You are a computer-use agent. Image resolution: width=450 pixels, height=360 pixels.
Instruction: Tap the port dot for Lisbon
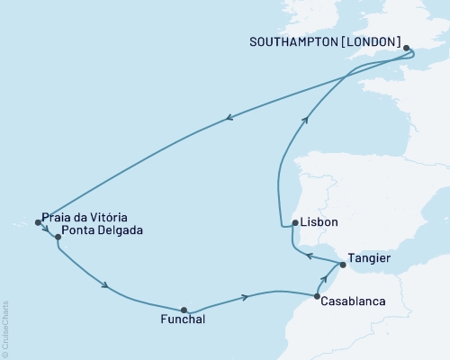[294, 223]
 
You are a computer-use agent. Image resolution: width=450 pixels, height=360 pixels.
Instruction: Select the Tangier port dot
[343, 265]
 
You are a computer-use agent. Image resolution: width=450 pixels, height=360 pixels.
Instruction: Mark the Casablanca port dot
[317, 296]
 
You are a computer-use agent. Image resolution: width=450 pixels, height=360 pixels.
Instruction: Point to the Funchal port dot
[184, 310]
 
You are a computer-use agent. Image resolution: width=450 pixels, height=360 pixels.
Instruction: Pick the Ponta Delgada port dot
[58, 238]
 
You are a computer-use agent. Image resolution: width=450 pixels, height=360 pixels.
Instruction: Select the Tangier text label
[371, 257]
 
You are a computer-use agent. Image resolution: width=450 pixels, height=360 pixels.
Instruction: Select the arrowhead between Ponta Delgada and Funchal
[107, 287]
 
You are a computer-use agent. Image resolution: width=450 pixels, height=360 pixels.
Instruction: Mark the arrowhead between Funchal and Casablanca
[244, 297]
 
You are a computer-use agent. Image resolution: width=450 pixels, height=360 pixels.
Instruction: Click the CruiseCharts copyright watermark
[5, 324]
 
